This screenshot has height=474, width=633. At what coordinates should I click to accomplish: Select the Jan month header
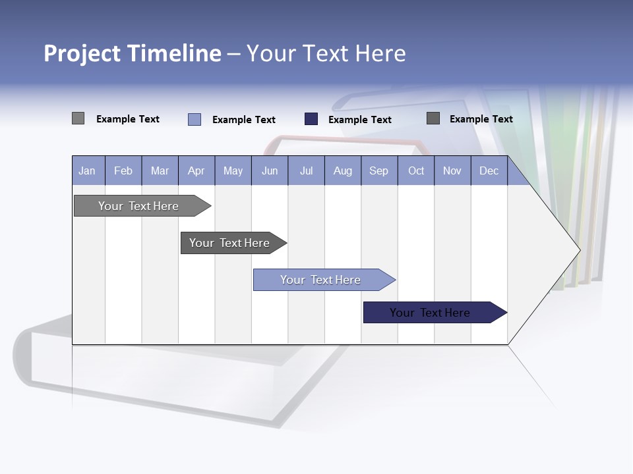click(87, 171)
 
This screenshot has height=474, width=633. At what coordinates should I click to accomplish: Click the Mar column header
click(160, 171)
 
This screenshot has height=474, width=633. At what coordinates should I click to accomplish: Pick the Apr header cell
click(196, 171)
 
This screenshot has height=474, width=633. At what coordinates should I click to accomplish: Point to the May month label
click(233, 171)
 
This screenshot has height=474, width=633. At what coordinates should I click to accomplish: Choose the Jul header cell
click(306, 171)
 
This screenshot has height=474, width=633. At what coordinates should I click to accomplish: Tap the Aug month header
click(342, 171)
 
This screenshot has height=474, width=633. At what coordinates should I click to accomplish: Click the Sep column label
click(378, 171)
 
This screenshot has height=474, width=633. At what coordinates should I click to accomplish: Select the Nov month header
click(452, 171)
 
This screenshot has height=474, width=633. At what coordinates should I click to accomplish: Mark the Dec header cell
click(489, 171)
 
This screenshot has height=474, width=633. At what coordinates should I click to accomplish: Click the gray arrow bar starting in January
click(138, 206)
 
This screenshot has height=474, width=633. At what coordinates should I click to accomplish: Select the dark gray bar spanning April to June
click(229, 243)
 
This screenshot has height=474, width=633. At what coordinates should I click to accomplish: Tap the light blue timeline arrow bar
click(320, 280)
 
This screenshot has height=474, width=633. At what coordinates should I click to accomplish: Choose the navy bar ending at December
click(430, 313)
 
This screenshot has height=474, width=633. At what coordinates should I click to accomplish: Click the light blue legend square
click(195, 119)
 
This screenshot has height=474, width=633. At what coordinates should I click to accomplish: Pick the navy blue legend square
click(311, 119)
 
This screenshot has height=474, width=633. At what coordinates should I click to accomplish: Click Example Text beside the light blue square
click(243, 120)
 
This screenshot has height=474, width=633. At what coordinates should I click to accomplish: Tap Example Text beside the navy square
click(359, 120)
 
